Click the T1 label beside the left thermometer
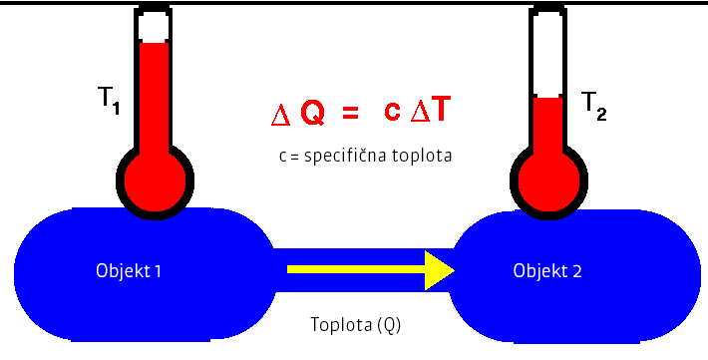[109, 101]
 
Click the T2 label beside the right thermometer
[593, 105]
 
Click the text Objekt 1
[129, 269]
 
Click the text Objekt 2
[546, 269]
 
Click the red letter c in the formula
[393, 114]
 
